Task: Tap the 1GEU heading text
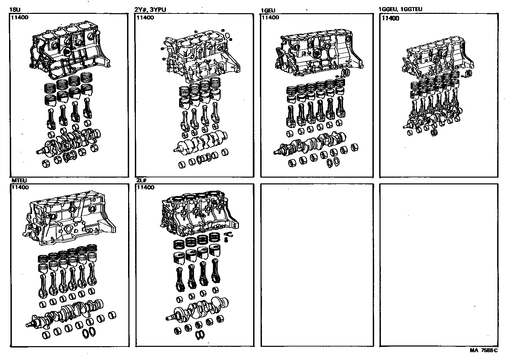pos(268,11)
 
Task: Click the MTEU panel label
pos(19,181)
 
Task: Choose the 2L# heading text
pos(142,181)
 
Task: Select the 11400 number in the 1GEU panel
pos(270,18)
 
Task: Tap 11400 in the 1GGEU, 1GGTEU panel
pos(390,18)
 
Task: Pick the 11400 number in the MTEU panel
pos(20,187)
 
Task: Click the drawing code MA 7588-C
pos(484,350)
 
